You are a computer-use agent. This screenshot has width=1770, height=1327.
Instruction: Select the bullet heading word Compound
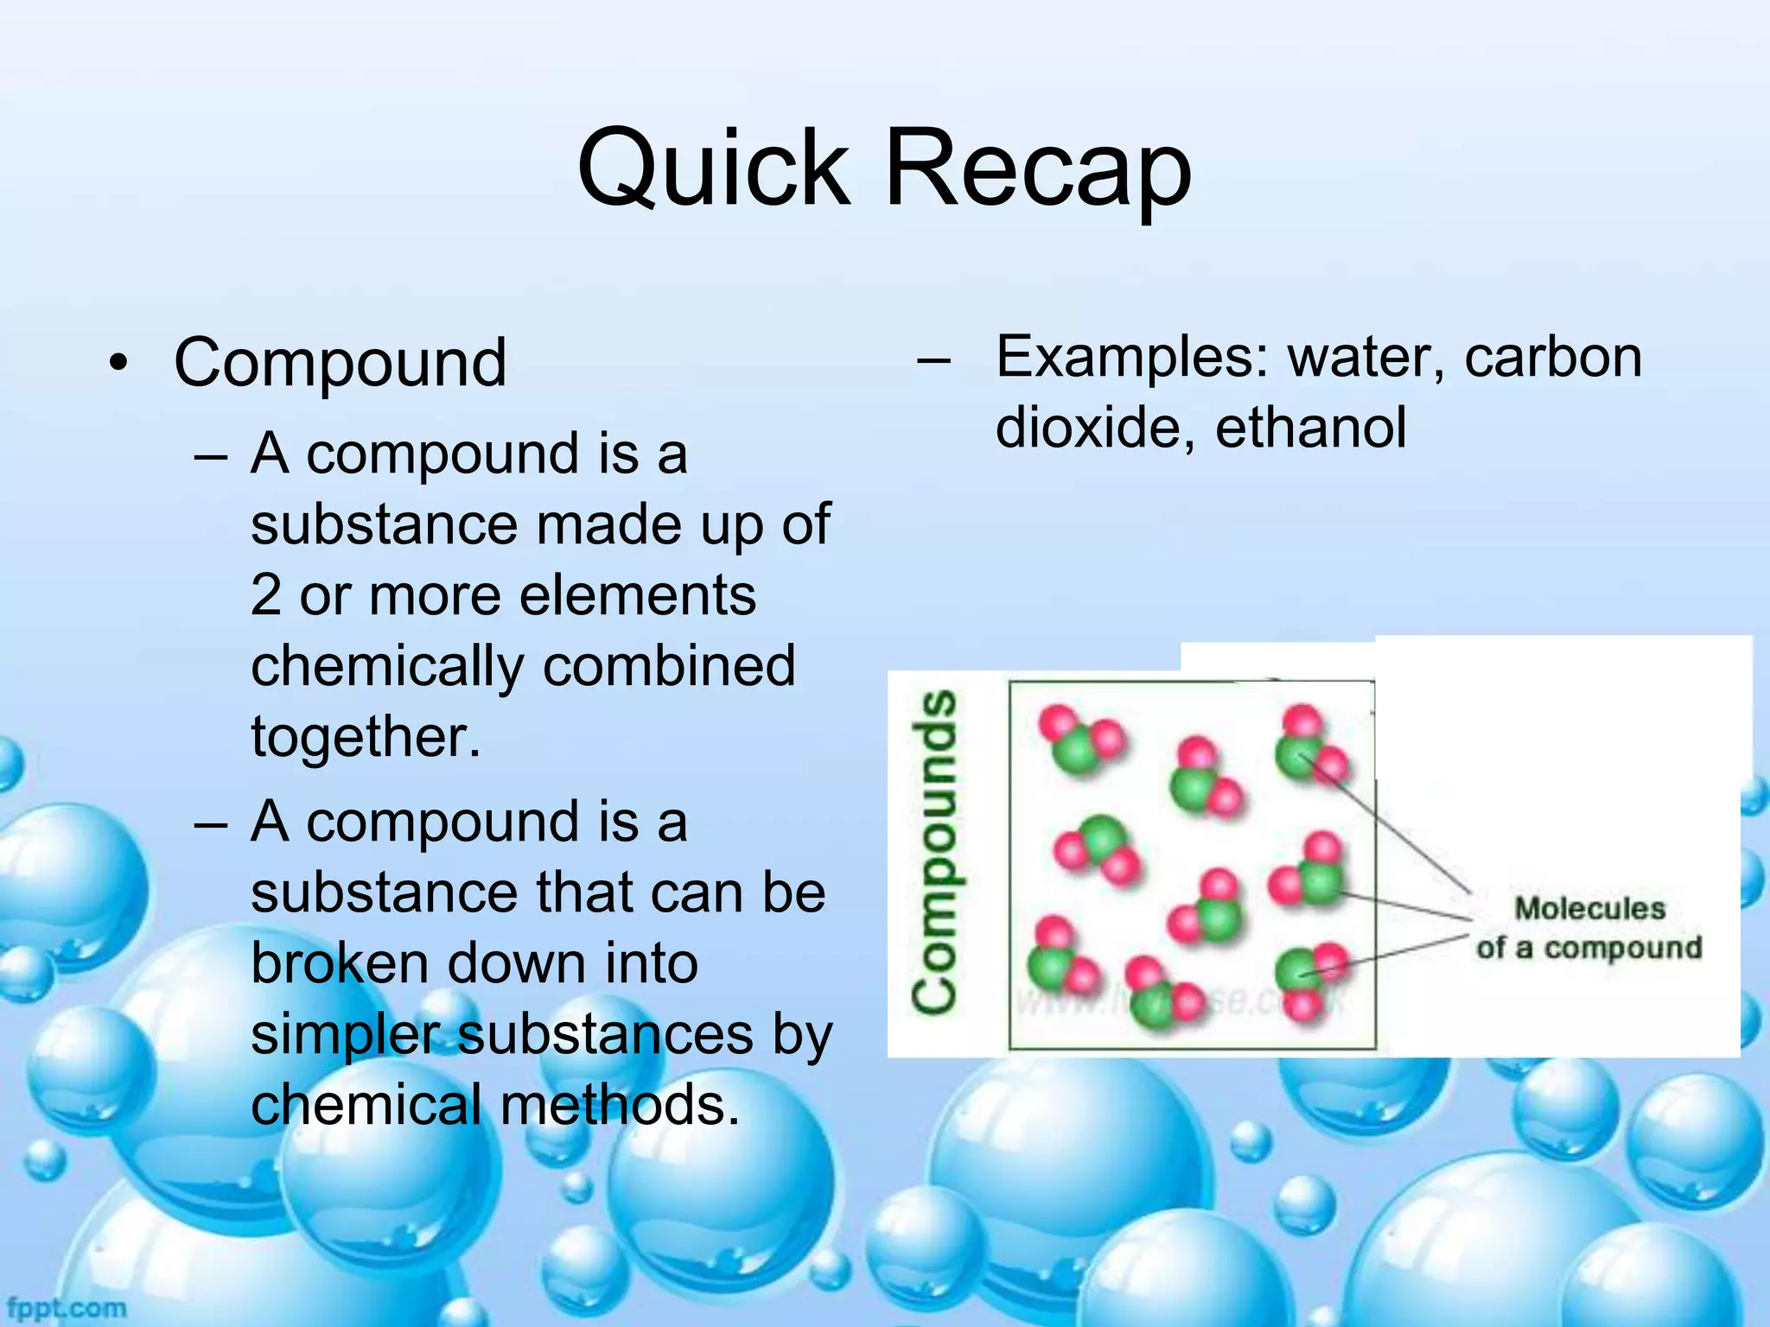click(340, 363)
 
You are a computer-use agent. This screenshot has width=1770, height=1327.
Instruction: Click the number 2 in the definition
click(266, 595)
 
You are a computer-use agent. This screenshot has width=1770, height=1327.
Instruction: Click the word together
click(366, 737)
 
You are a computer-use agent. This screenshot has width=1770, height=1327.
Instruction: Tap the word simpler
click(346, 1035)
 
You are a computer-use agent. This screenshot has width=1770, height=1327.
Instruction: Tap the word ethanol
click(1311, 428)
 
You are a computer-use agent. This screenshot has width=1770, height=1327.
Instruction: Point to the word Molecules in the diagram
click(1589, 909)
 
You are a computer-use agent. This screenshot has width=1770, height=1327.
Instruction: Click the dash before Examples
click(933, 359)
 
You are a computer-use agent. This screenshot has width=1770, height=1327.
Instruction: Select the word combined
click(669, 666)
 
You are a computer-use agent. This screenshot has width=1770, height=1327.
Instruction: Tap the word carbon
click(1553, 357)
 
